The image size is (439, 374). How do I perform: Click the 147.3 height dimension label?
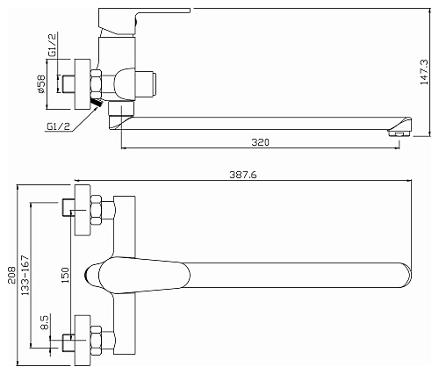pos(424,72)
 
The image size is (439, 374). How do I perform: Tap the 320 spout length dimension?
pos(260,142)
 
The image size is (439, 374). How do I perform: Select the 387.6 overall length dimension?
pos(243,175)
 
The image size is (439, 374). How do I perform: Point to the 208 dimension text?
pos(12,275)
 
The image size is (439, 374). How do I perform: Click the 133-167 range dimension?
pos(25,275)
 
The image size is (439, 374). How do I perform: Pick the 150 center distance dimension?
pos(65,275)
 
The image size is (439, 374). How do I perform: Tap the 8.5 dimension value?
pos(46,322)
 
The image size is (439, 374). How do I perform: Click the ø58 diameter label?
pos(41,84)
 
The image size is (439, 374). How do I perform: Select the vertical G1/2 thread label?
pos(53,45)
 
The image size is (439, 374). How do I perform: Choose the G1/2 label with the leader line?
pos(58,126)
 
